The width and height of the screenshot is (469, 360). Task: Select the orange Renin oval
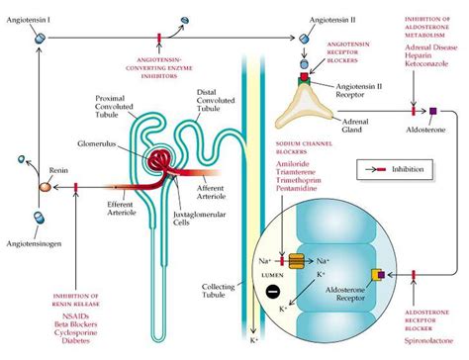pyautogui.click(x=45, y=186)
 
